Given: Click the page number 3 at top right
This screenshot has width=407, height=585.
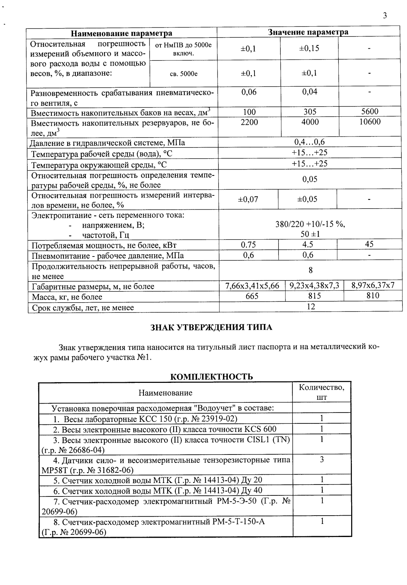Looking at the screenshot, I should pyautogui.click(x=385, y=15).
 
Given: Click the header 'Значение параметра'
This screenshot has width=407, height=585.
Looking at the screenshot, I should pyautogui.click(x=308, y=32).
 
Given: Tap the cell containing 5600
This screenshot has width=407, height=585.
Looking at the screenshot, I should pyautogui.click(x=370, y=111).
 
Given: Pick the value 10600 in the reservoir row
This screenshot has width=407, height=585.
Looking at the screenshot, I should pyautogui.click(x=370, y=121).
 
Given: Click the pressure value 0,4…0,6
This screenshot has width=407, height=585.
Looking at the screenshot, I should pyautogui.click(x=310, y=142).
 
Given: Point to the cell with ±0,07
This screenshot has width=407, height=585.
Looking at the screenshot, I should pyautogui.click(x=248, y=199).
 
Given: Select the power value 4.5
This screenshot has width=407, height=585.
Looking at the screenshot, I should pyautogui.click(x=307, y=244).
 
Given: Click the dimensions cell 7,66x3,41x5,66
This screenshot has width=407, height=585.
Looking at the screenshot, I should pyautogui.click(x=252, y=286).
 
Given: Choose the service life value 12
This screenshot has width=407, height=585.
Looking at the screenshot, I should pyautogui.click(x=311, y=306).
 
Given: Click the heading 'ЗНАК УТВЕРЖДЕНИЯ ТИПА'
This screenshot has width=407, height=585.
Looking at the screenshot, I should pyautogui.click(x=211, y=327).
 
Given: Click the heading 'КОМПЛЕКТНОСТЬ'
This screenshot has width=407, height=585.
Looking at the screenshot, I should pyautogui.click(x=211, y=377).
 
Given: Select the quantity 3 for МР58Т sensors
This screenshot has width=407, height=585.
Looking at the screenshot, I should pyautogui.click(x=322, y=459).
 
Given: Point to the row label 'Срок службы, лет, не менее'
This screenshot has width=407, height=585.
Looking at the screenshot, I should pyautogui.click(x=82, y=307).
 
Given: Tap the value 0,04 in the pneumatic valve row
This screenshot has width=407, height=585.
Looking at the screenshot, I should pyautogui.click(x=310, y=92).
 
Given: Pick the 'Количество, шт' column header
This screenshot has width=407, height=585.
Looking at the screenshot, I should pyautogui.click(x=322, y=392).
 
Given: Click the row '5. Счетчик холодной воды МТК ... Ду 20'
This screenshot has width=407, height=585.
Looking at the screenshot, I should pyautogui.click(x=157, y=480).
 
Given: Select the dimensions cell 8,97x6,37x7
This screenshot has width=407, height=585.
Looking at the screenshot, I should pyautogui.click(x=373, y=285).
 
